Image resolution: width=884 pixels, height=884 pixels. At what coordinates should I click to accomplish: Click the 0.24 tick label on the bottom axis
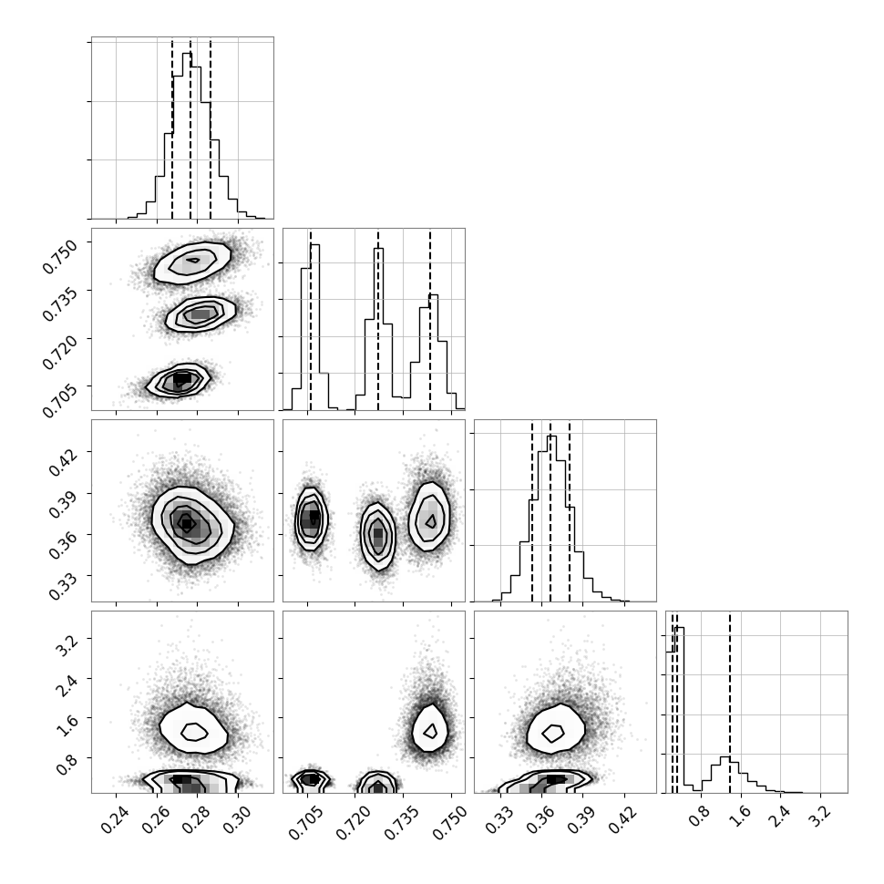coord(116,819)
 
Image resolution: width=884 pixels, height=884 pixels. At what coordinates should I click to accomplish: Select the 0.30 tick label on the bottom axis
coord(237,819)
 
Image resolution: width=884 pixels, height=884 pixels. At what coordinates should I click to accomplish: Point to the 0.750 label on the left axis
coord(59,256)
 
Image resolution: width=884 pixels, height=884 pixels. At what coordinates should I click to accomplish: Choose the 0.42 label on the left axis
coord(63,463)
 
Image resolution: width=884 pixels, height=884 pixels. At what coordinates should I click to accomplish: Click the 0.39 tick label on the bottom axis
coord(581,819)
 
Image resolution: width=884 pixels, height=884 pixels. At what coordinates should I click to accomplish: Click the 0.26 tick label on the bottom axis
coord(156,819)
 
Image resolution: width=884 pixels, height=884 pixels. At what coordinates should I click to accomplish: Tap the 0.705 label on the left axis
coord(59,400)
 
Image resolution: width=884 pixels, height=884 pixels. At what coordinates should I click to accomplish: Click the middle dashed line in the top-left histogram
coord(190,128)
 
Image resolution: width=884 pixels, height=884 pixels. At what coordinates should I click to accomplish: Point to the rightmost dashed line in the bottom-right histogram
coord(729,703)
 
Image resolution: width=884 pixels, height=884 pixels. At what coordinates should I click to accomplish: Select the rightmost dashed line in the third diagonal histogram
coord(570,512)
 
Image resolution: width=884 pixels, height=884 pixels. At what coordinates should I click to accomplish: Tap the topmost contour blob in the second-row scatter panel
coord(192,263)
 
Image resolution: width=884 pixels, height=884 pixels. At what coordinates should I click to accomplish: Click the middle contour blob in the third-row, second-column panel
coord(377,536)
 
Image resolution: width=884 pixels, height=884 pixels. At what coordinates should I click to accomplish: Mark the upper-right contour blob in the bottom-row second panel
coord(430,731)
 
